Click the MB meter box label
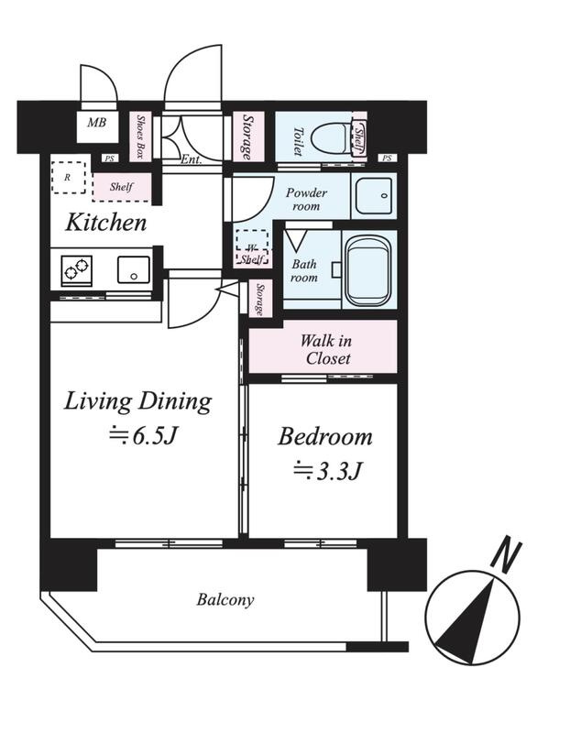coord(97,123)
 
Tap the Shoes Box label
coord(140,136)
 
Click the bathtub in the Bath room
coord(368,270)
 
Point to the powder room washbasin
coord(374,195)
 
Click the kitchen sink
coord(134,269)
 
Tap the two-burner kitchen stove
coord(77,270)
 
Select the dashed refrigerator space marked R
coord(68,178)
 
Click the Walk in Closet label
coord(326,350)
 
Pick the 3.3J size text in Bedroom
coord(328,471)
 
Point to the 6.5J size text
coord(143,436)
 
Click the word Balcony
coord(225,600)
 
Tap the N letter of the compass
coord(508,556)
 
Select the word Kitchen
coord(106,223)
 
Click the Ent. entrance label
coord(192,159)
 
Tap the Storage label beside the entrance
coord(247,137)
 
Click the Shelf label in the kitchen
coord(122,187)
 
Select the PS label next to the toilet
coord(387,159)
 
